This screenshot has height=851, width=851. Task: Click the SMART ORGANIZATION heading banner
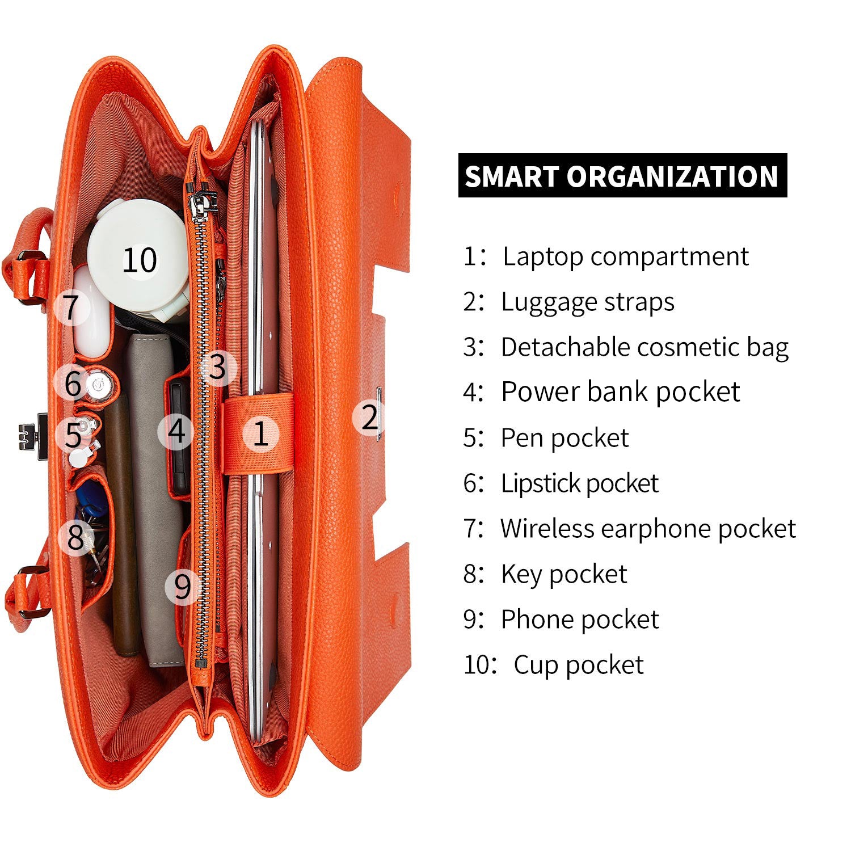[622, 175]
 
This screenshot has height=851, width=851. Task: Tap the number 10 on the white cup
[140, 260]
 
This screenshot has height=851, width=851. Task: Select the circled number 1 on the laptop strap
[261, 434]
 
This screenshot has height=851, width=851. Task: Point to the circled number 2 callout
[370, 418]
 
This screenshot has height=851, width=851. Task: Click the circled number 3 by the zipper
[217, 368]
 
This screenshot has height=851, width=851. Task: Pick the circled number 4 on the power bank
[176, 432]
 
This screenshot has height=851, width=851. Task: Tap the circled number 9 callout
[183, 585]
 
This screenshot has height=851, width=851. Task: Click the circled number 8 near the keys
[76, 537]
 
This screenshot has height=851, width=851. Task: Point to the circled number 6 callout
[73, 383]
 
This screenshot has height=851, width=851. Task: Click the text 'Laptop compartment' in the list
[626, 256]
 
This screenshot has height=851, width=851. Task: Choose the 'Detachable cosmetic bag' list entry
[644, 347]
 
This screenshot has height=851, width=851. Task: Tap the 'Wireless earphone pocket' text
[648, 529]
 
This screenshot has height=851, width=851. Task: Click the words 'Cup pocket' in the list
[579, 665]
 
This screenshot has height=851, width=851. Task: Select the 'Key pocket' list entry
[564, 574]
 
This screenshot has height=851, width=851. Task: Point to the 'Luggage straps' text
[588, 302]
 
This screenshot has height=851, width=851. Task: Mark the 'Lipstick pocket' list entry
[579, 483]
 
